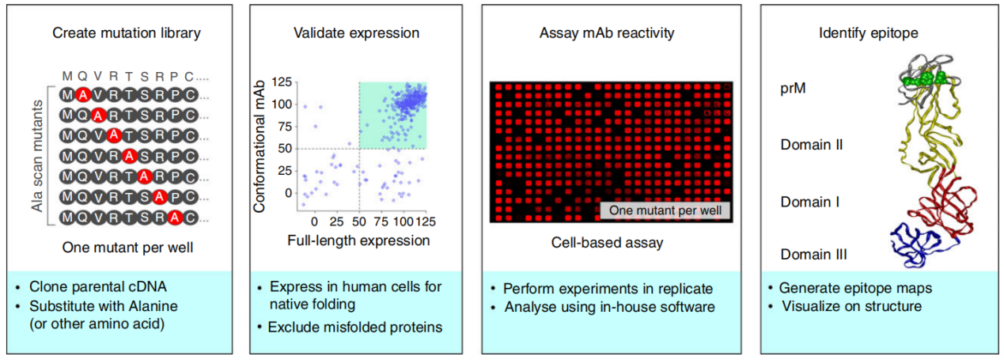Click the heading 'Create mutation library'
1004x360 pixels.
126,33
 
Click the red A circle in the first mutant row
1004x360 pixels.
81,94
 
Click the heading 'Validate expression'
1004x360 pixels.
356,33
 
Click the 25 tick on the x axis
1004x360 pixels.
336,221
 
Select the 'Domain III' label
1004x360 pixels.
813,254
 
